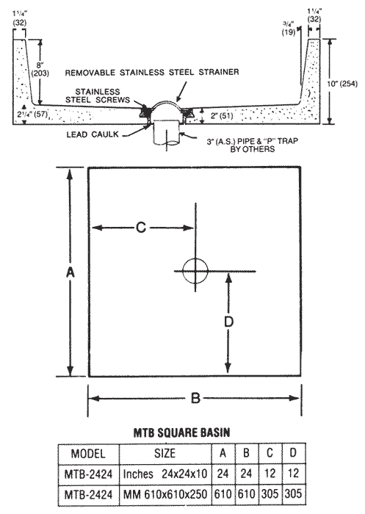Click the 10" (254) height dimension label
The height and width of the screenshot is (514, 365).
pyautogui.click(x=342, y=84)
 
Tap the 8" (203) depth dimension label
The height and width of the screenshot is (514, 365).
pyautogui.click(x=40, y=69)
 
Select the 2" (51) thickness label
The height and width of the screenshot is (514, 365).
pyautogui.click(x=222, y=116)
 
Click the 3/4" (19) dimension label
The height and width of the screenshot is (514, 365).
pyautogui.click(x=289, y=28)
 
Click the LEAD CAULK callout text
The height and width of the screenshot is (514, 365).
pyautogui.click(x=93, y=134)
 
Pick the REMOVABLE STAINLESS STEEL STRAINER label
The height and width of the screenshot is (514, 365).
pyautogui.click(x=152, y=72)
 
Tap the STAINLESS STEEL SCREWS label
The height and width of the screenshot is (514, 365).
pyautogui.click(x=98, y=95)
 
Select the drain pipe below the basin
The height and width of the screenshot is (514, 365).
pyautogui.click(x=167, y=133)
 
